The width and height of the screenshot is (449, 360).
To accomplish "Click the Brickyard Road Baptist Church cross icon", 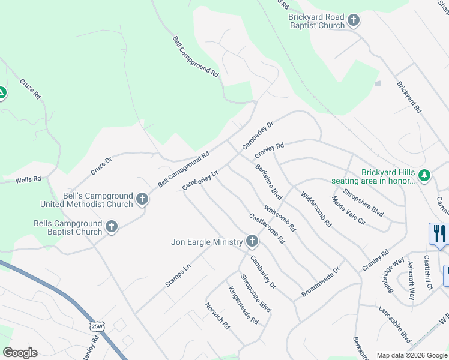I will pos(354,20).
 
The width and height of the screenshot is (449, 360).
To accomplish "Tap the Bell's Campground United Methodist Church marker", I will pos(142,199).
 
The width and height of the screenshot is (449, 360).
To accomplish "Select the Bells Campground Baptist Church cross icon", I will pos(111,227).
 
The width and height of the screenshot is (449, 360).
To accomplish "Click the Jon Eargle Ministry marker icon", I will pos(252,241).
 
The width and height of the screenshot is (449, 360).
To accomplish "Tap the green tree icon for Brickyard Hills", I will pos(425,175).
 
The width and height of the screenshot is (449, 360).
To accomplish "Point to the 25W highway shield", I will pos(95,326).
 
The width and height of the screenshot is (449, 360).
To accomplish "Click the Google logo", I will pos(20,353).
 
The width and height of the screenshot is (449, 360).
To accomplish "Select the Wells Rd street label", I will pos(28,179).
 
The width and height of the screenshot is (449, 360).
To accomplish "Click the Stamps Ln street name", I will pos(178,274).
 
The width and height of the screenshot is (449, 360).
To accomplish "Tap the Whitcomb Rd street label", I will pos(280,219).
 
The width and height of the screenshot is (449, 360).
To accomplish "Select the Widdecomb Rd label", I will pos(316,208).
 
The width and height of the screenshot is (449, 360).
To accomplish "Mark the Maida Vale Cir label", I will pos(348,210).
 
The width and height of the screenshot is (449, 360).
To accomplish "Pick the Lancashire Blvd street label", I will pos(394,323).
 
